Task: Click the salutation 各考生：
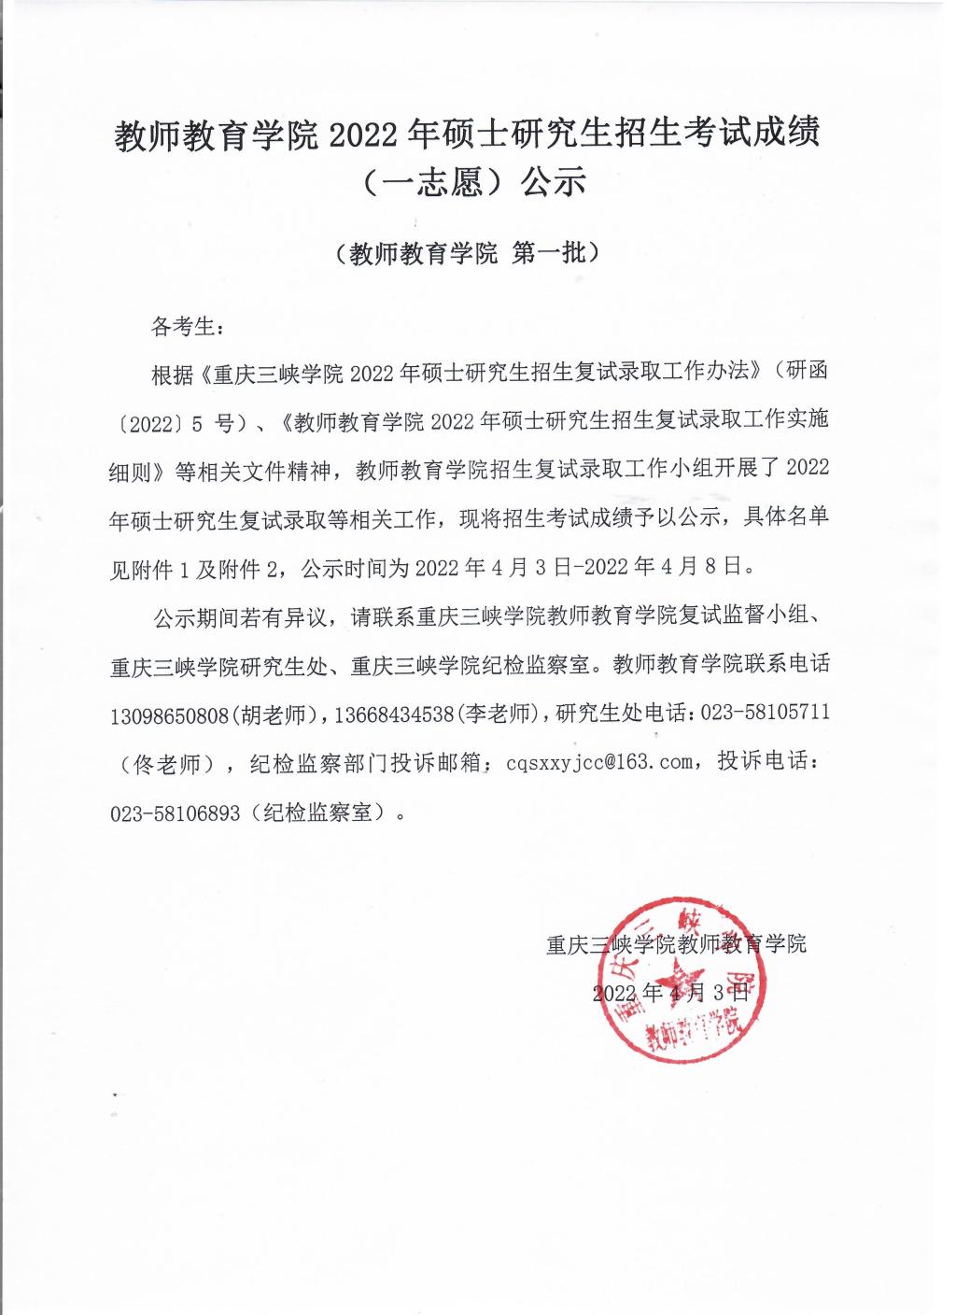[186, 327]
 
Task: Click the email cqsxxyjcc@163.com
[599, 762]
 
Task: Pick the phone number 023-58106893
[176, 813]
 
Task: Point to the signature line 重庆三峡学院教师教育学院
[676, 943]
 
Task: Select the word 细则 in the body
[130, 472]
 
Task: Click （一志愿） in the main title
[424, 181]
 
